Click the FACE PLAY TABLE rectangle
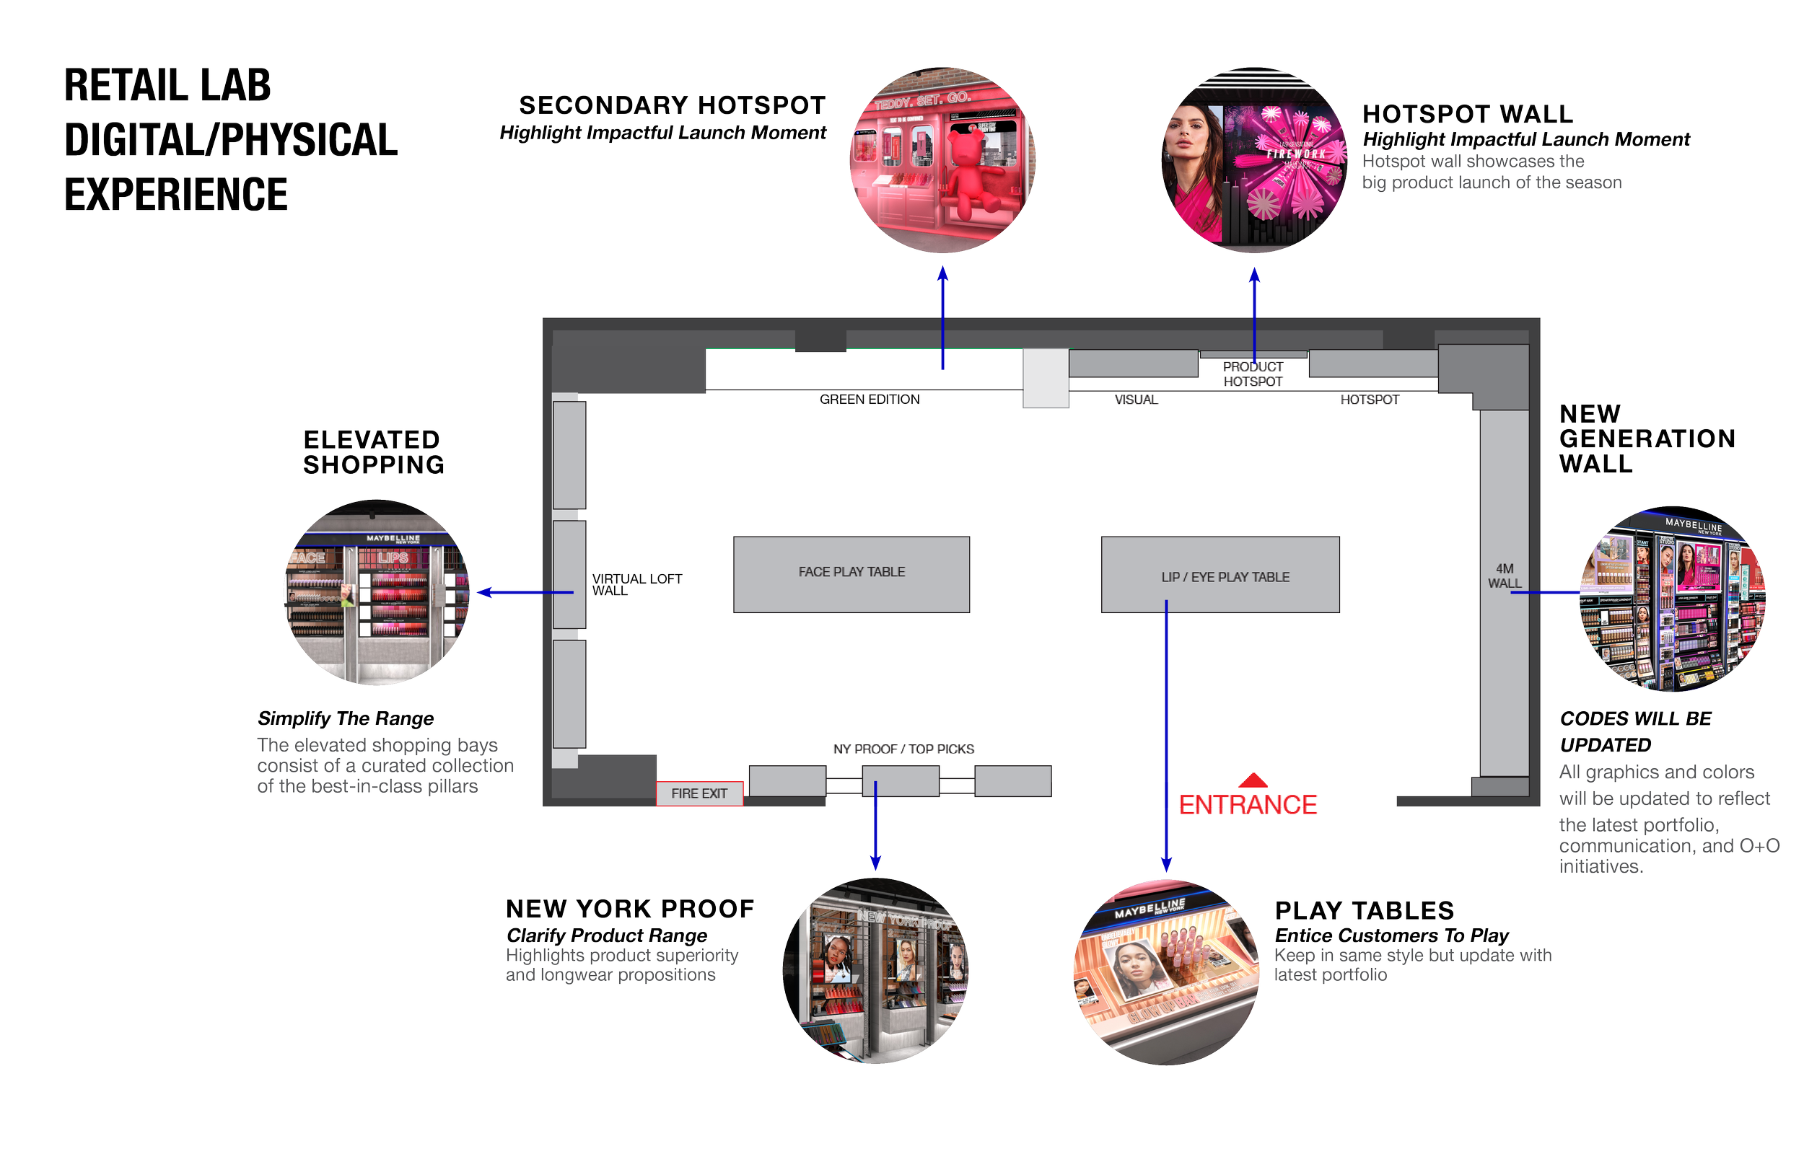851,573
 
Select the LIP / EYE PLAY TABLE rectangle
1220,574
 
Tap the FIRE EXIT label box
699,793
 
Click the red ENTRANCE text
1248,805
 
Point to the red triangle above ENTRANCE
1253,780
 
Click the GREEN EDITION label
870,400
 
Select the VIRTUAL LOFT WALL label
636,584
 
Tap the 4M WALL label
1504,576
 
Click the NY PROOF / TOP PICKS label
903,749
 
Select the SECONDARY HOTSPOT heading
672,105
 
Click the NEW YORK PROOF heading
630,909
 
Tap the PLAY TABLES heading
1365,910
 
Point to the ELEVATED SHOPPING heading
373,452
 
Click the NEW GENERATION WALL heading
1647,439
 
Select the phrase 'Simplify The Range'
346,718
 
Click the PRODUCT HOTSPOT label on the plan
1252,374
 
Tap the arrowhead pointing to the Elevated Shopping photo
484,593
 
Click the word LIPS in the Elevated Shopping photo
393,558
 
